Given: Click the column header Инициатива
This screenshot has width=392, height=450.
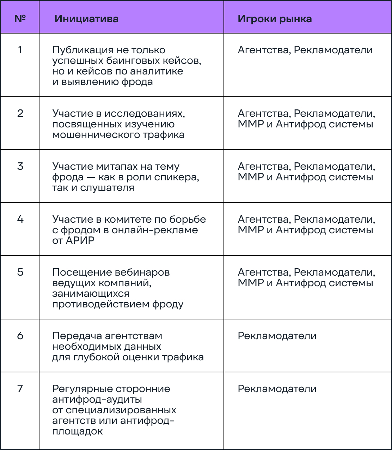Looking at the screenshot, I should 86,19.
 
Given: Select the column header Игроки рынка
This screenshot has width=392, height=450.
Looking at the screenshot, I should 275,19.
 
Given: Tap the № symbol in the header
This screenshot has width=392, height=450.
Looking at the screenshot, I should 20,18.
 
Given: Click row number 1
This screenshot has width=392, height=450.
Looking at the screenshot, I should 20,50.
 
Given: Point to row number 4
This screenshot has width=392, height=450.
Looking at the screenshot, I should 20,219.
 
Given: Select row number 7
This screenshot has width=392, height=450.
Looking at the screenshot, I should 20,389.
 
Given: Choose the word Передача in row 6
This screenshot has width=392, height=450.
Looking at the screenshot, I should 77,336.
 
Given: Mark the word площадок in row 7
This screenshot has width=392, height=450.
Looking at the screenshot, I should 78,431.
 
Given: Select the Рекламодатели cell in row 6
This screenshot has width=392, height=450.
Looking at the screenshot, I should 277,336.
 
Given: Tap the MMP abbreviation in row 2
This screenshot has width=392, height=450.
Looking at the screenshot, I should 251,124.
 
